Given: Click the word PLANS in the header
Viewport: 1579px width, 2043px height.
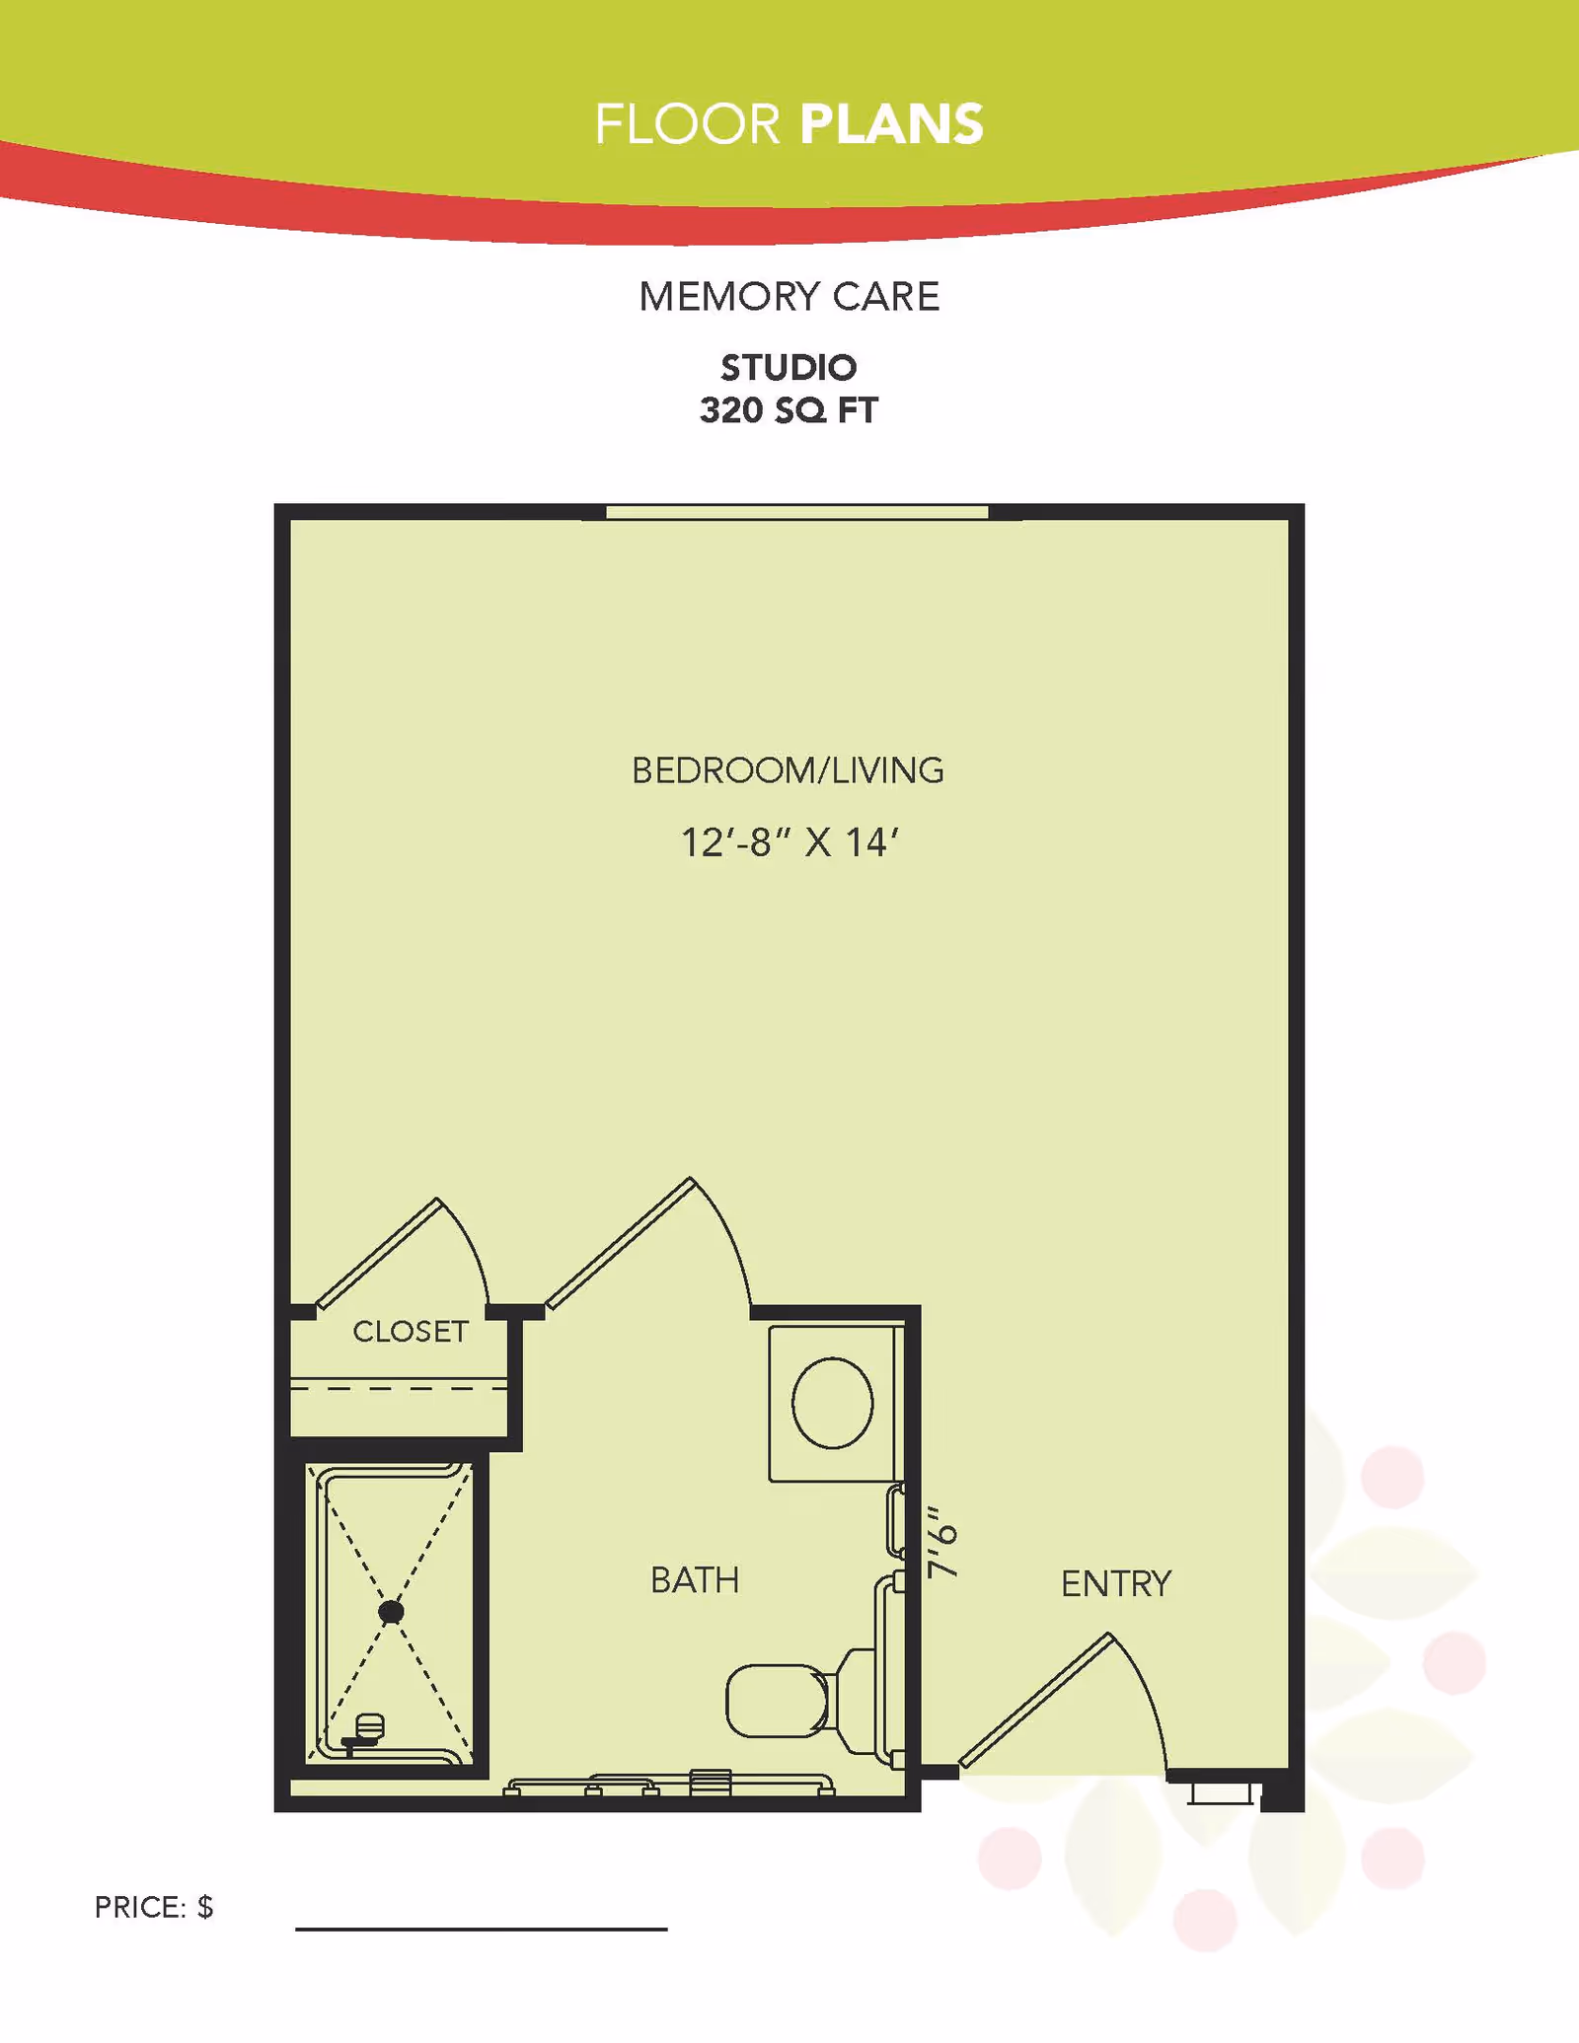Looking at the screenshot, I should tap(891, 124).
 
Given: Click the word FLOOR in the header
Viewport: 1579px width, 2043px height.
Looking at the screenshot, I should tap(687, 124).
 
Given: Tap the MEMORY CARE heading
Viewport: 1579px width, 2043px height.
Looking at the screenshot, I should tap(789, 296).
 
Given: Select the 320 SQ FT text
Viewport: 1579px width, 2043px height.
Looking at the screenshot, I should tap(789, 410).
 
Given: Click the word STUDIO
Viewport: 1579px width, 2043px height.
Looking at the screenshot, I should tap(789, 367).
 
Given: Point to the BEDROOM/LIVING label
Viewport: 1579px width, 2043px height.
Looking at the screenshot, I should tap(788, 770).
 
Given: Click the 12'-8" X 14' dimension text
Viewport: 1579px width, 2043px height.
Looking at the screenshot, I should tap(789, 842).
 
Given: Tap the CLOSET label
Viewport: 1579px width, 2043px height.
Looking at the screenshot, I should tap(411, 1332).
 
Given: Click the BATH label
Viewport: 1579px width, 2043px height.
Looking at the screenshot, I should tap(695, 1580).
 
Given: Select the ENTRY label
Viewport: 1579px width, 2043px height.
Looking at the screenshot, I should tap(1115, 1584).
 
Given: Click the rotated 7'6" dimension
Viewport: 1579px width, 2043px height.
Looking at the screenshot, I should tap(942, 1542).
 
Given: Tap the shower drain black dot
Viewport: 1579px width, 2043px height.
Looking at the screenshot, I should tap(391, 1612).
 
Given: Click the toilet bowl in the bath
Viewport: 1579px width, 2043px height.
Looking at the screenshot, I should tap(777, 1701).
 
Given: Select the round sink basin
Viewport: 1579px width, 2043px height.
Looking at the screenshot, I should tap(832, 1402).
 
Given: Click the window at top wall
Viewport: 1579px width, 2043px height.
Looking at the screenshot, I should tap(796, 512).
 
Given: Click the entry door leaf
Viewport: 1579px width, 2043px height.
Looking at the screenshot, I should tap(1036, 1701).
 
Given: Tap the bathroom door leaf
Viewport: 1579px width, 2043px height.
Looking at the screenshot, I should tap(621, 1243).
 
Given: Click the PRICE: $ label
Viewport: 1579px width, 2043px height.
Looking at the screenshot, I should tap(154, 1907).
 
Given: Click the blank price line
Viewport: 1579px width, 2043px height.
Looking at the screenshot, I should tap(482, 1927).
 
